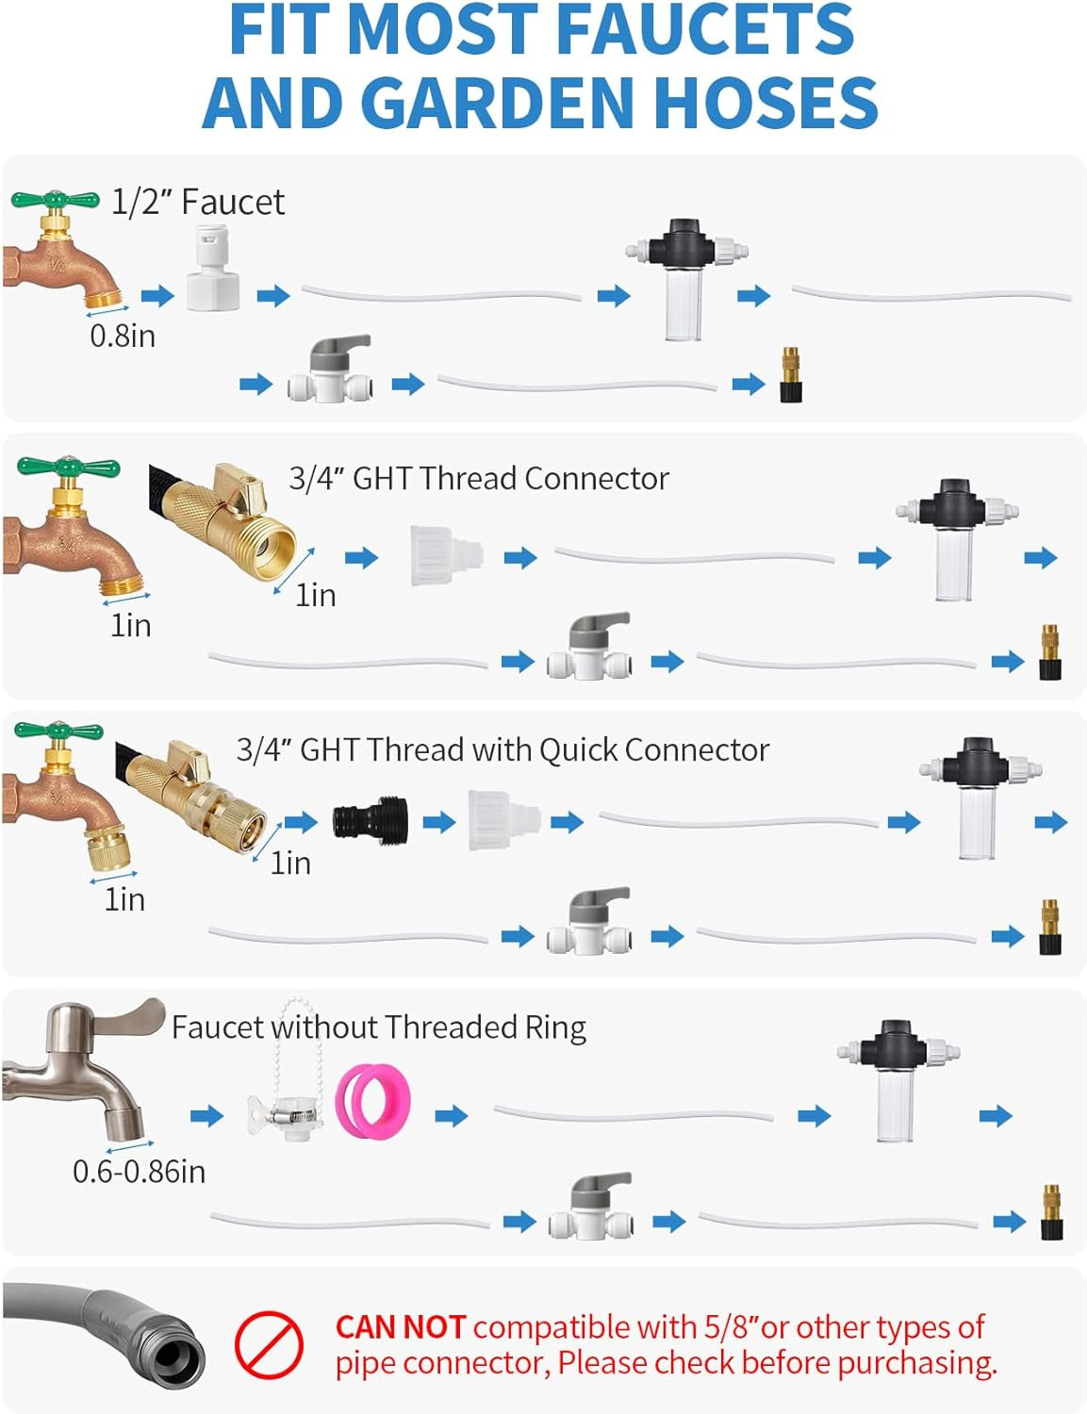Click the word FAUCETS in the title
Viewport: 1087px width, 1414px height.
pyautogui.click(x=705, y=30)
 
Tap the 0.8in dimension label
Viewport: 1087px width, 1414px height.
pyautogui.click(x=123, y=337)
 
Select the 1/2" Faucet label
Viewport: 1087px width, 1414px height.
pyautogui.click(x=198, y=202)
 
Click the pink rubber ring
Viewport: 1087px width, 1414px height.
pyautogui.click(x=372, y=1101)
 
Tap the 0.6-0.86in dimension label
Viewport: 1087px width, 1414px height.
pyautogui.click(x=140, y=1172)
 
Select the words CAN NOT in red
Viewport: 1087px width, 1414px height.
pyautogui.click(x=401, y=1327)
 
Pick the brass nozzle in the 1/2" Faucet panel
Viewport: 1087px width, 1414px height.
pyautogui.click(x=791, y=374)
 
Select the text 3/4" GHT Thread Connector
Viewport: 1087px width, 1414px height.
pyautogui.click(x=479, y=479)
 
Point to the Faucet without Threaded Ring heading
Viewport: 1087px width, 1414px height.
pyautogui.click(x=379, y=1028)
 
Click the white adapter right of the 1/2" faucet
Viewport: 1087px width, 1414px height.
pyautogui.click(x=213, y=268)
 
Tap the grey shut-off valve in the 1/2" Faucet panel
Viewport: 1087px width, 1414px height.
pyautogui.click(x=331, y=369)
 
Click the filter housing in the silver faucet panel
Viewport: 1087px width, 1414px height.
pyautogui.click(x=898, y=1081)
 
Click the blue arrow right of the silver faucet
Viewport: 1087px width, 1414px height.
pyautogui.click(x=206, y=1116)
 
